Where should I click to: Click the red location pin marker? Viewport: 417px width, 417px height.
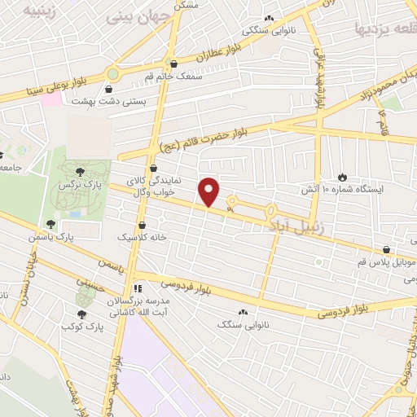[x=210, y=191]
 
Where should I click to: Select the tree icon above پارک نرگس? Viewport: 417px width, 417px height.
[x=80, y=171]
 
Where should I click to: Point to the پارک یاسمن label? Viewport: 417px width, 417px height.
[x=70, y=235]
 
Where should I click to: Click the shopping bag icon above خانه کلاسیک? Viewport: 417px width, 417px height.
[x=143, y=224]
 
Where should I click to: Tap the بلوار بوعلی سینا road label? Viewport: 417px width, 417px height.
[x=57, y=81]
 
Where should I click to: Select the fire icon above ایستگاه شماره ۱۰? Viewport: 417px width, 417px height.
[x=343, y=176]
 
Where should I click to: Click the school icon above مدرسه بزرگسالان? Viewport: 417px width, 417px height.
[x=137, y=287]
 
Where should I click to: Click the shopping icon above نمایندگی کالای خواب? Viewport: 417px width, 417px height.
[x=153, y=168]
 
